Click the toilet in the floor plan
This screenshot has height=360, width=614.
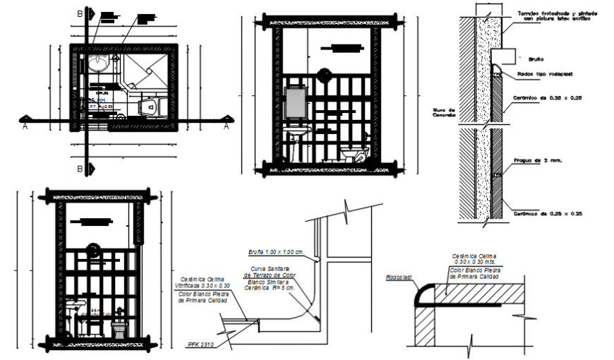(150, 107)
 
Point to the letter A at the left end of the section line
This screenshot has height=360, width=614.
(25, 126)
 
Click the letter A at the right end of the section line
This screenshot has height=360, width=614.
(226, 126)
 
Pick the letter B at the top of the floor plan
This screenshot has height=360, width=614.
(79, 14)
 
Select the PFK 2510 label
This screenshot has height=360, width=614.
(201, 344)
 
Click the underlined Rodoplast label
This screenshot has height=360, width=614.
(399, 277)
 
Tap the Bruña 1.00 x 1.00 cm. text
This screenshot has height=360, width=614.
(275, 252)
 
